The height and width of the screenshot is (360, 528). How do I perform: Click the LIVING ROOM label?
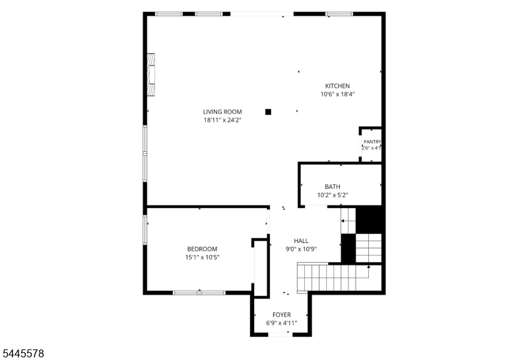pos(222,112)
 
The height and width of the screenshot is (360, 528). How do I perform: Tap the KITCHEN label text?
pos(337,86)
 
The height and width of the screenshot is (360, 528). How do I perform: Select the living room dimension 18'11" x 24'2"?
pos(222,120)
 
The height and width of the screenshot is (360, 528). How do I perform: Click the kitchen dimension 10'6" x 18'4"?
pos(337,94)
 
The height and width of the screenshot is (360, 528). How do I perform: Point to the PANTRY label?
pos(372,142)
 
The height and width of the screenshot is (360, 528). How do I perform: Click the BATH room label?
pos(333,187)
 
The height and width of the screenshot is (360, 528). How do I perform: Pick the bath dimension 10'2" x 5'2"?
pos(333,195)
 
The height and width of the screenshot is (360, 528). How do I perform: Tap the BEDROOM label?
pos(202,249)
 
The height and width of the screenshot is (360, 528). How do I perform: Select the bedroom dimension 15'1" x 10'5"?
pos(202,258)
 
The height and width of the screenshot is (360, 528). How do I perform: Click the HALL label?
pos(301,241)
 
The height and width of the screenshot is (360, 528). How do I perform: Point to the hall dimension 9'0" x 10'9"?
pos(301,250)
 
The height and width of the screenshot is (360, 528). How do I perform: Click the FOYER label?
pos(282,315)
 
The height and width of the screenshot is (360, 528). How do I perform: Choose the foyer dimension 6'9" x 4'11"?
pos(282,323)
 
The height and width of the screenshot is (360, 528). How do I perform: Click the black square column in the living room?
pos(268,112)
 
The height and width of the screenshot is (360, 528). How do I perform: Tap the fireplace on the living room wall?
pos(151,75)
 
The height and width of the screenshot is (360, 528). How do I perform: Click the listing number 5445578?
pos(23,353)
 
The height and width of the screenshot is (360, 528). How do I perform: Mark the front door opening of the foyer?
pos(280,334)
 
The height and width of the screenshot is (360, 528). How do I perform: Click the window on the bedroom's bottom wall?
pos(199,293)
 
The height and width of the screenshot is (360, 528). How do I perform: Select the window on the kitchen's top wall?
pos(339,14)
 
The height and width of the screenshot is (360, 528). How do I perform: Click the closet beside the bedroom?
pos(260,268)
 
